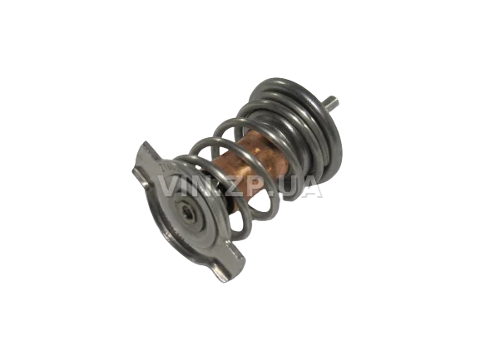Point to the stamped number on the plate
click(166, 167)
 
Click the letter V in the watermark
click(169, 186)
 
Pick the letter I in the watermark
click(187, 186)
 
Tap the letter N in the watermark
click(204, 186)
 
